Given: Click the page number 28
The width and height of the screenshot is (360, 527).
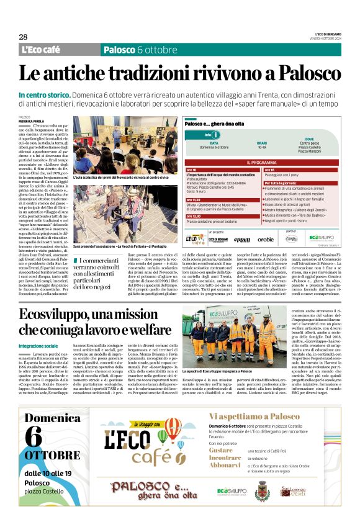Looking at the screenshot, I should [23, 37].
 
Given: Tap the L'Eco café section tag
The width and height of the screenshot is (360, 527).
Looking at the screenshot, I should [41, 50].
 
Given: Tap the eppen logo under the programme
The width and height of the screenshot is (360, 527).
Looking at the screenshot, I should [242, 239].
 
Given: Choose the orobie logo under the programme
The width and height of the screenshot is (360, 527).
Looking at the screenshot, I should [265, 239].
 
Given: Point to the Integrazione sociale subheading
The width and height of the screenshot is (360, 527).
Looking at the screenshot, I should [38, 345].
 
